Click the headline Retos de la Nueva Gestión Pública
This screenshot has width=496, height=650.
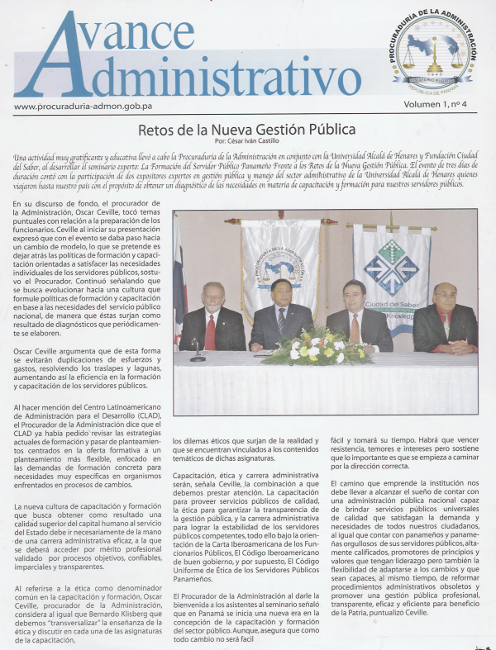pos(247,130)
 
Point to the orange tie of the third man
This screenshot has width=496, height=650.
pos(355,325)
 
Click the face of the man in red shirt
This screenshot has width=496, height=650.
pos(446,298)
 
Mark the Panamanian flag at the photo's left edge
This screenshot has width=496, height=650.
pos(179,281)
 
